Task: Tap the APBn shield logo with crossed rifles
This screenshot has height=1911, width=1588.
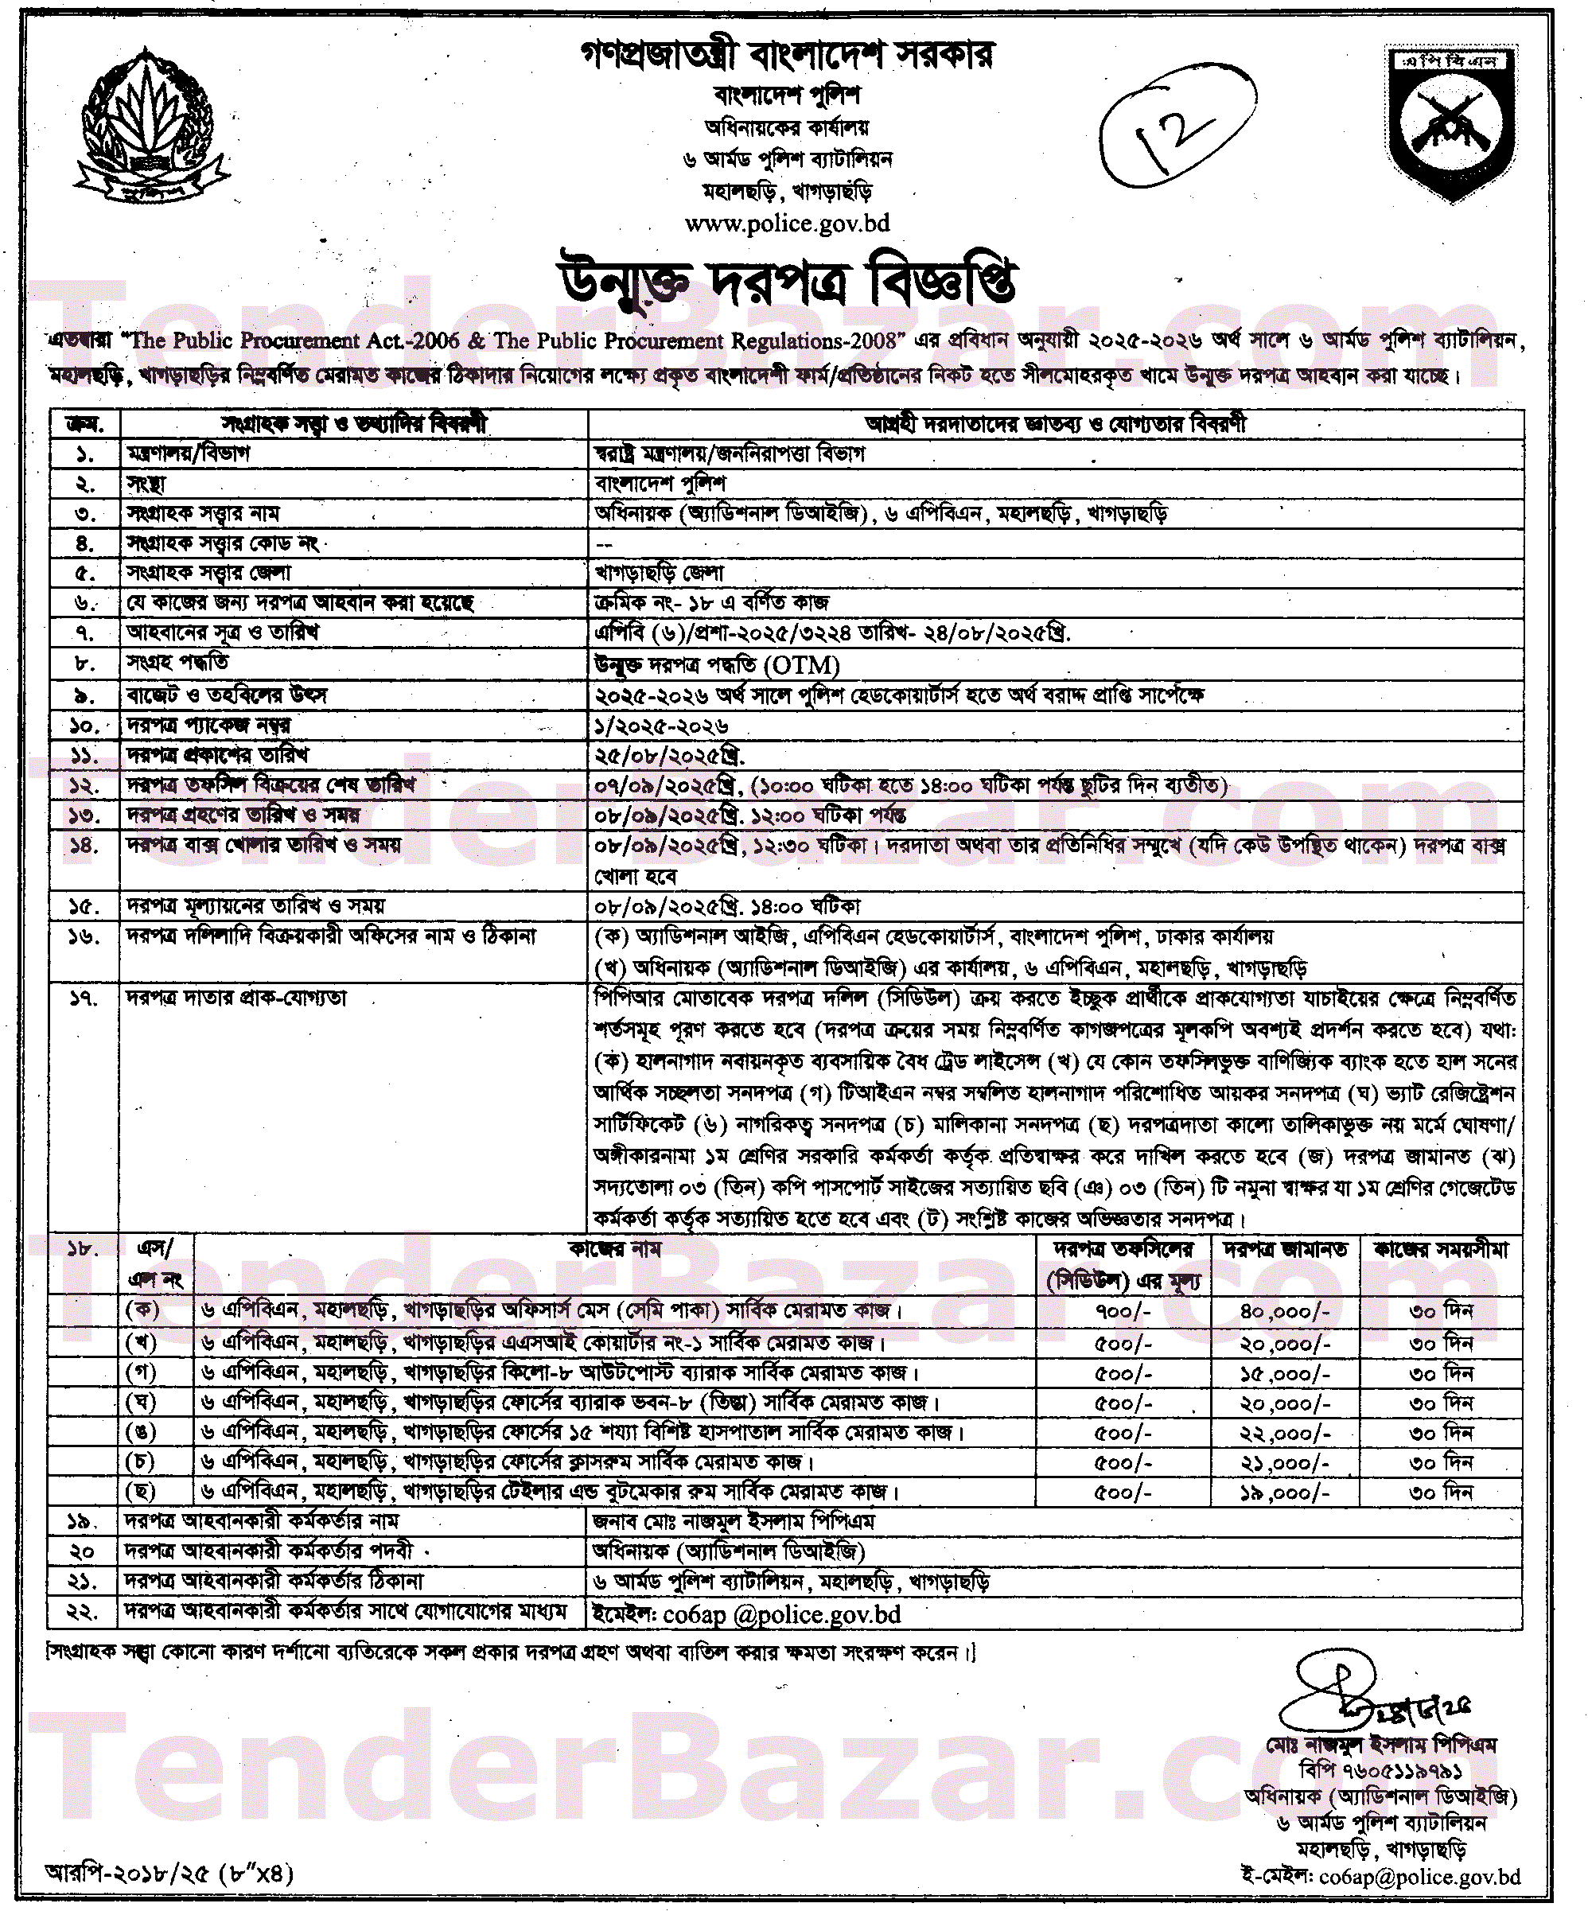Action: tap(1453, 122)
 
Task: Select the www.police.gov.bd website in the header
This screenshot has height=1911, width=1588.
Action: tap(787, 223)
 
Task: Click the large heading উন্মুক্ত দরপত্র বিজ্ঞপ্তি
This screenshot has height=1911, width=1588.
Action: tap(787, 282)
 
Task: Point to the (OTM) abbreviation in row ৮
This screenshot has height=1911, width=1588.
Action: tap(802, 665)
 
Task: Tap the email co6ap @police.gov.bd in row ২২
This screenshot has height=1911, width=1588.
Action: tap(746, 1614)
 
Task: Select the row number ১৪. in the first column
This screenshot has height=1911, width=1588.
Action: tap(84, 846)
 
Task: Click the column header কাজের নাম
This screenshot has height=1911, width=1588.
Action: tap(615, 1248)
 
